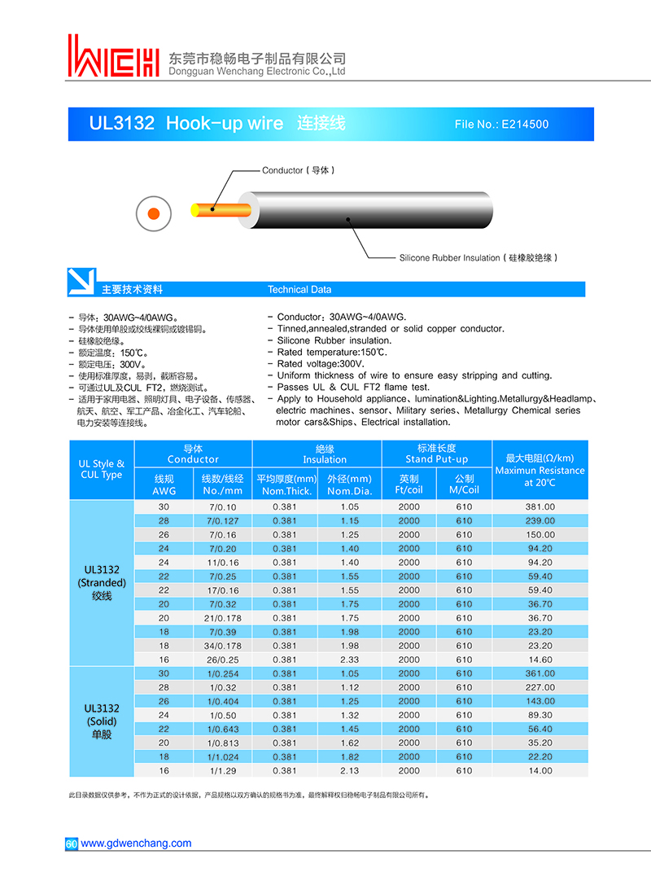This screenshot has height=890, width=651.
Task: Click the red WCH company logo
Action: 113,56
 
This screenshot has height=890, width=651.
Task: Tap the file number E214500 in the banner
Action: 501,125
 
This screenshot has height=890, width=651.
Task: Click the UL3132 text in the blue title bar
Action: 121,124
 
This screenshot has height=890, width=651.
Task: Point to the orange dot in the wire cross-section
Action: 153,213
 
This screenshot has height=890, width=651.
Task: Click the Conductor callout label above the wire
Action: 298,170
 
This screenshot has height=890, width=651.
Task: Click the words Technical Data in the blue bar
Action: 299,289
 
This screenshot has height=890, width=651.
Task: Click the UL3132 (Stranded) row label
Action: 102,582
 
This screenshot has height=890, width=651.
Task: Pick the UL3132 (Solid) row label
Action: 102,721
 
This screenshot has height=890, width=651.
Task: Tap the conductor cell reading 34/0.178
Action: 222,646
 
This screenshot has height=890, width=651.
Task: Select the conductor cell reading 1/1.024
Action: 222,756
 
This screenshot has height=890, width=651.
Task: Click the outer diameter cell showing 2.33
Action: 349,660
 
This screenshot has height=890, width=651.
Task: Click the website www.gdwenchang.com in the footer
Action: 136,843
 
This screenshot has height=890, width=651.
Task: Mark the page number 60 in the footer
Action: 71,844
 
